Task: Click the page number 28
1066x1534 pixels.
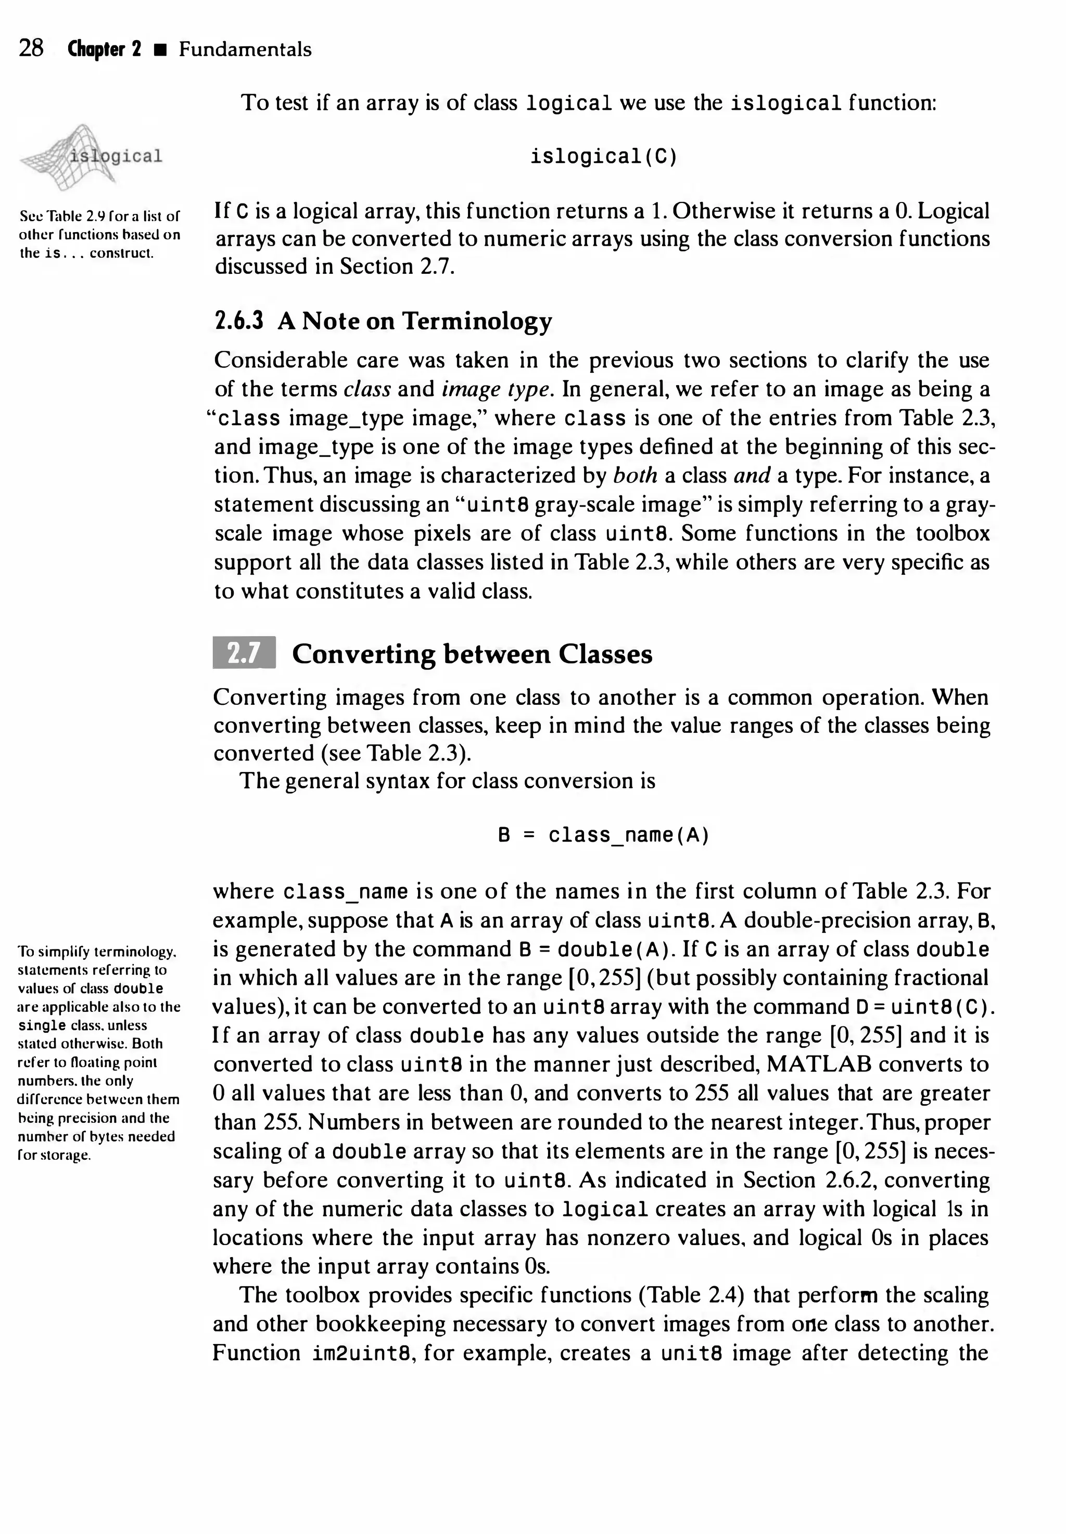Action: pos(31,49)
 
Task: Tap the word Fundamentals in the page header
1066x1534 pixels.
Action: pos(245,49)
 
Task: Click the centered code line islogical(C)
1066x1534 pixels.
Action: pos(604,157)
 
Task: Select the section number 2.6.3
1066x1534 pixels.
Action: pos(238,321)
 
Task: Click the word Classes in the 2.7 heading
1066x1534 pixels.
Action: pos(605,654)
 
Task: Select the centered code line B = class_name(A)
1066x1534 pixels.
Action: pos(603,835)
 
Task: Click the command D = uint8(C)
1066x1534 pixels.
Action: pos(926,1007)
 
